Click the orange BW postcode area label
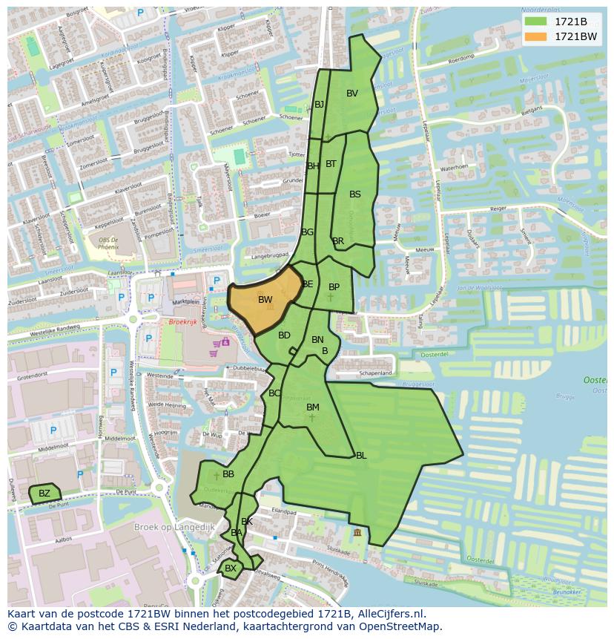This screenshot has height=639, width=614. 265,301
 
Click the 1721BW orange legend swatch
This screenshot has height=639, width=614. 534,36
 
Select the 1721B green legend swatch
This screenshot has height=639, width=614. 534,22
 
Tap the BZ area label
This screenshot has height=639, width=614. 44,494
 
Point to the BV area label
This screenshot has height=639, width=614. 352,94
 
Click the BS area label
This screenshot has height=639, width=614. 355,194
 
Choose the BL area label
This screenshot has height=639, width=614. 361,456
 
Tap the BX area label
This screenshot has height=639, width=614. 231,568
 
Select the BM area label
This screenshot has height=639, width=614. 313,407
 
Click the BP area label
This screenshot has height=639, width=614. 334,287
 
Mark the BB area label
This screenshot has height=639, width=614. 228,474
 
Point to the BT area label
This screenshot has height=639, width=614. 331,164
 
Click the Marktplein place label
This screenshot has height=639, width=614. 186,302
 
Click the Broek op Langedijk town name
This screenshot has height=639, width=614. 174,527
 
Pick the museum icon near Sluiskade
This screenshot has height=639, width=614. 358,533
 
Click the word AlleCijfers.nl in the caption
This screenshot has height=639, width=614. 388,614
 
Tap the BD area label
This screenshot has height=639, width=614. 284,335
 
